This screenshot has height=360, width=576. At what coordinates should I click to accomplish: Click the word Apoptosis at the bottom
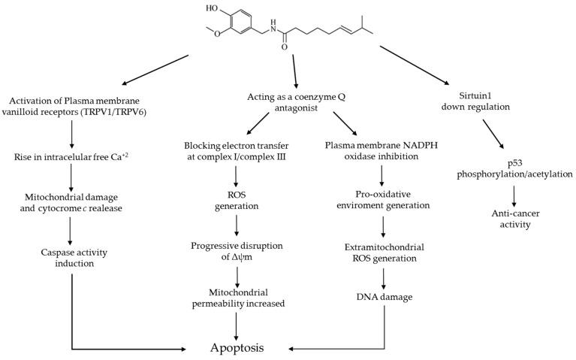[x=237, y=348]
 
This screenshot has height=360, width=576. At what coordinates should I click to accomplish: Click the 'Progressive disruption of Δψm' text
[x=237, y=253]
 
